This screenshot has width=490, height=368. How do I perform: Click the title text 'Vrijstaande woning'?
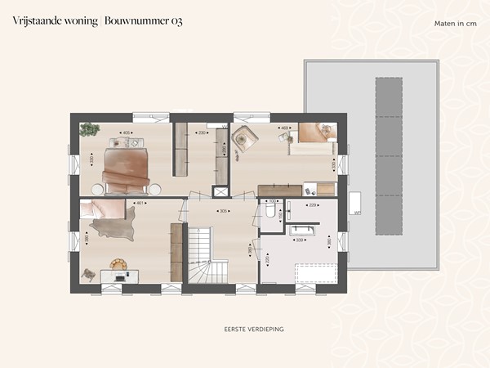(54, 20)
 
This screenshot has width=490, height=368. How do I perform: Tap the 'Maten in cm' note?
(456, 23)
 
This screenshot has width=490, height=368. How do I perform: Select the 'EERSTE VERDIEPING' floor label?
(253, 329)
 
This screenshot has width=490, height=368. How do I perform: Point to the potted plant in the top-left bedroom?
(89, 128)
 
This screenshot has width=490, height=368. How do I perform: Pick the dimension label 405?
(125, 132)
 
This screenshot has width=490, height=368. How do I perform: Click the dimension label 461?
(140, 204)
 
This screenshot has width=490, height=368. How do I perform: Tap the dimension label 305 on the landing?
(221, 211)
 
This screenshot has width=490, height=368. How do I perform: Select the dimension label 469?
(285, 128)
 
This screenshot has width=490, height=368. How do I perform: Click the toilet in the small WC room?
(269, 213)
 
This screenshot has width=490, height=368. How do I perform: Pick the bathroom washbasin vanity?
(310, 229)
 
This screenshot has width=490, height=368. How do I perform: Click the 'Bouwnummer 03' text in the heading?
(143, 20)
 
